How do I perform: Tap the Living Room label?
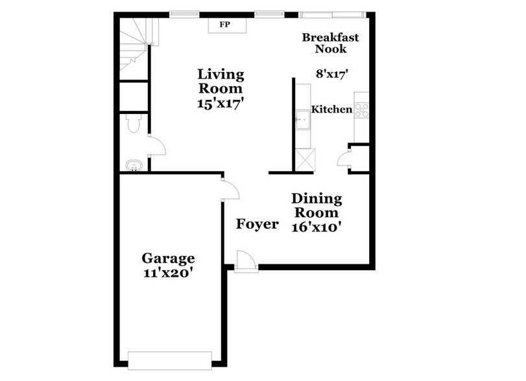pos(221,80)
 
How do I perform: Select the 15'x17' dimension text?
pos(221,103)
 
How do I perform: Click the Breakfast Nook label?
pos(331,43)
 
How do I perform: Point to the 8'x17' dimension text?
pos(333,74)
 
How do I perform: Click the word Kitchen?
pos(332,110)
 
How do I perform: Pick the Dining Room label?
pos(317,205)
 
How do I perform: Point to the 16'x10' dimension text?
pos(318,227)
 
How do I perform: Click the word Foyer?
pos(257,224)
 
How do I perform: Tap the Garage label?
pos(168,259)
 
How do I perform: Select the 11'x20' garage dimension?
pos(168,273)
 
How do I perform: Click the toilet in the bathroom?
pos(133,123)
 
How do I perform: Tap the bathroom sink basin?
pos(134,166)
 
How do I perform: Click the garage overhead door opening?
pos(170,360)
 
